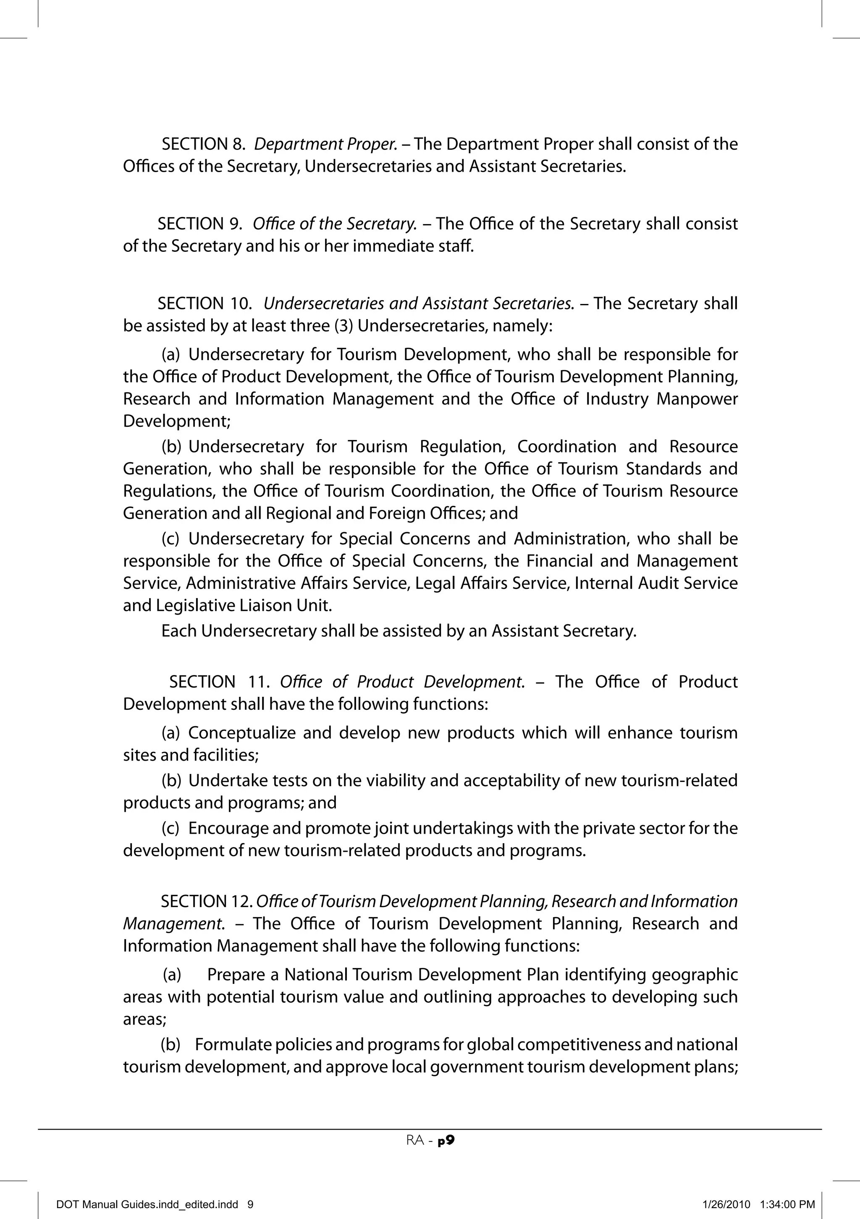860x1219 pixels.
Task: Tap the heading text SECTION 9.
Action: [x=200, y=223]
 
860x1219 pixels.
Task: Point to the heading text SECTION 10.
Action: [x=205, y=303]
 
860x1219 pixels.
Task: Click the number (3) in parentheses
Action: [x=343, y=325]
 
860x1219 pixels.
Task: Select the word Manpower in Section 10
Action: [x=697, y=399]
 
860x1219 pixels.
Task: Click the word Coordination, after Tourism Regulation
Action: [x=567, y=447]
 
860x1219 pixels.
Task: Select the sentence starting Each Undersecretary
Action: [x=399, y=631]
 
